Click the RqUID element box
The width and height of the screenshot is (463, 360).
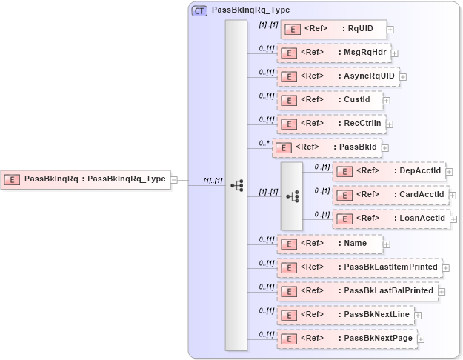point(333,30)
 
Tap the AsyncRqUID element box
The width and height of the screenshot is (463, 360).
point(338,76)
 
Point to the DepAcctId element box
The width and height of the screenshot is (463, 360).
point(389,171)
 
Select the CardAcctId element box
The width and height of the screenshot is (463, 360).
point(390,195)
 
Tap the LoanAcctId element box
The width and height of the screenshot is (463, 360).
point(391,219)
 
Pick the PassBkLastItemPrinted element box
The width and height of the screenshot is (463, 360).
point(359,267)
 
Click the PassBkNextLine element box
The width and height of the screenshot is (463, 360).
point(345,315)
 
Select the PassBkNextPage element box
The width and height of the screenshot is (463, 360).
point(347,339)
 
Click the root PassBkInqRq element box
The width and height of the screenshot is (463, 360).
point(85,179)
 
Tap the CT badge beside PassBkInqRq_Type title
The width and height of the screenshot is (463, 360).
point(199,11)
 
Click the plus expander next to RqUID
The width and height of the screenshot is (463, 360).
point(390,30)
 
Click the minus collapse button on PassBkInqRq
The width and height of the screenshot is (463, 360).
point(174,179)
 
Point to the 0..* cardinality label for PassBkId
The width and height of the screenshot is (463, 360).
point(264,142)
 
